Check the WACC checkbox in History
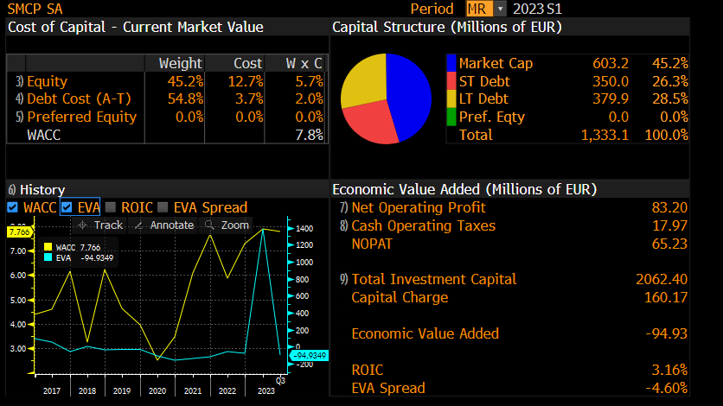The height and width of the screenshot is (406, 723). pyautogui.click(x=12, y=207)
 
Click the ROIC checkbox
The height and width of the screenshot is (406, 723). pyautogui.click(x=111, y=207)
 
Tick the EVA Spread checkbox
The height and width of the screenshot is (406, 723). pyautogui.click(x=163, y=207)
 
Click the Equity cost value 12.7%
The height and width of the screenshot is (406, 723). pyautogui.click(x=248, y=81)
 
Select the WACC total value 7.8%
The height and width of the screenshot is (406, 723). pyautogui.click(x=309, y=135)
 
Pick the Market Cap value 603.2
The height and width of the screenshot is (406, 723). pyautogui.click(x=611, y=63)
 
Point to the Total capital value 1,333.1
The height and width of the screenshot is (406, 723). pyautogui.click(x=605, y=135)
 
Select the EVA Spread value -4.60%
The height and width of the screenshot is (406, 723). pyautogui.click(x=666, y=388)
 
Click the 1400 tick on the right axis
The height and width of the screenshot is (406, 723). pyautogui.click(x=304, y=229)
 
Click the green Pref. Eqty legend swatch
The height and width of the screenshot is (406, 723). pyautogui.click(x=451, y=117)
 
